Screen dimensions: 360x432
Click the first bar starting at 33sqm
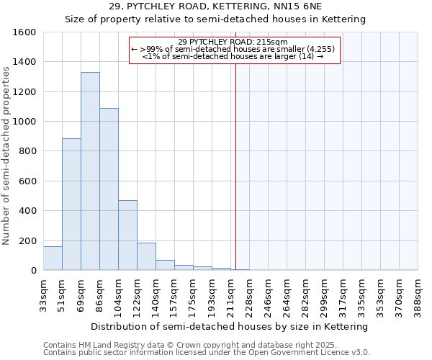tap(53, 258)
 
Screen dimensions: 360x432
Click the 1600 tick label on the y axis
tap(24, 32)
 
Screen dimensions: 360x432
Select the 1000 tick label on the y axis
tap(24, 122)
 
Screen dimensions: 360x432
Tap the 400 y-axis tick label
tap(27, 211)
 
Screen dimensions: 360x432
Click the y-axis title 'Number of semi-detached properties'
tap(6, 152)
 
